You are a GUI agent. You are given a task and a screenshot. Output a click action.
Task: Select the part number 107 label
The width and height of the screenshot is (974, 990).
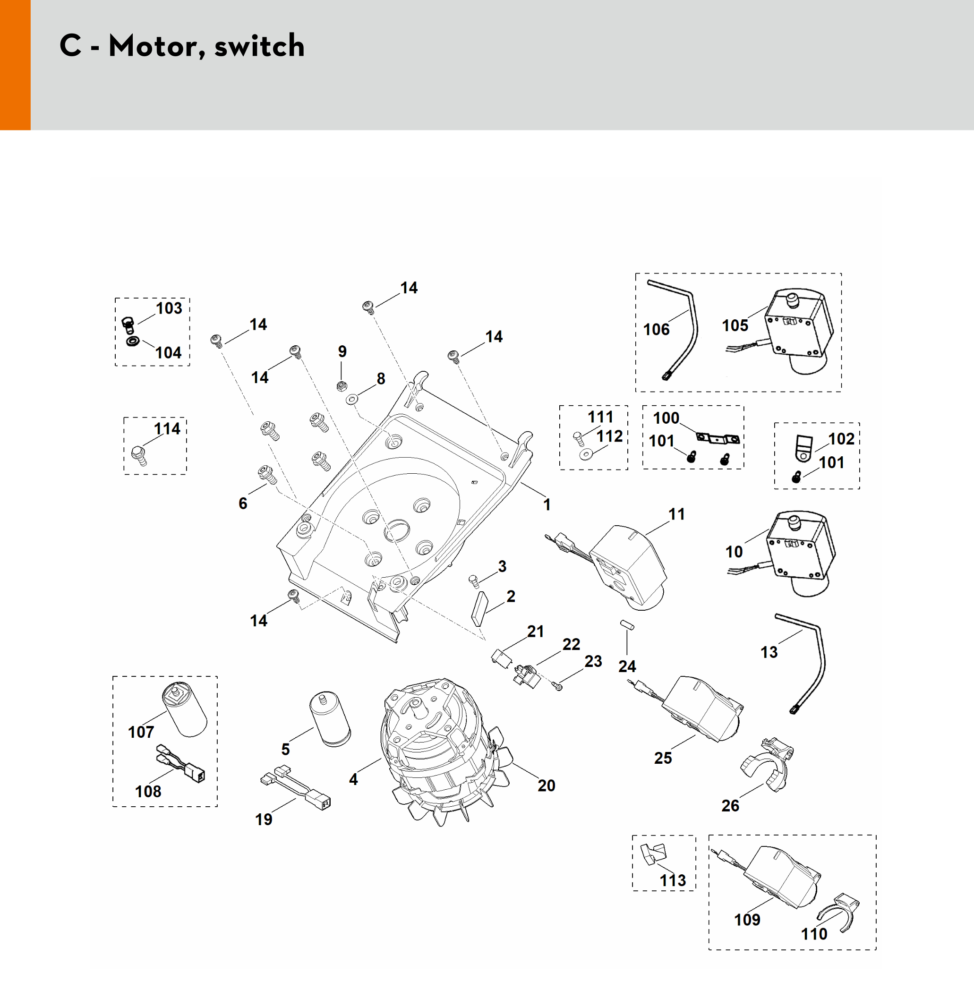(141, 732)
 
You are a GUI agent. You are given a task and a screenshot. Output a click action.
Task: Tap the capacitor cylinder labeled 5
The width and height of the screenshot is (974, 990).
(330, 719)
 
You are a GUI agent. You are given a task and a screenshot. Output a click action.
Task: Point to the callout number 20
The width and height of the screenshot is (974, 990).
(546, 785)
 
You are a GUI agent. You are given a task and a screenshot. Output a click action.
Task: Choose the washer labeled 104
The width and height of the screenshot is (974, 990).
(132, 341)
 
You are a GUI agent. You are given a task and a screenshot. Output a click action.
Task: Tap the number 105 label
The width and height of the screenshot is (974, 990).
(735, 325)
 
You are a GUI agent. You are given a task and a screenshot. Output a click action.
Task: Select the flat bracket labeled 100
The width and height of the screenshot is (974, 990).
(718, 438)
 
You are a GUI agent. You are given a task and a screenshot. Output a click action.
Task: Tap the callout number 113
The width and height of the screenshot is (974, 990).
(672, 880)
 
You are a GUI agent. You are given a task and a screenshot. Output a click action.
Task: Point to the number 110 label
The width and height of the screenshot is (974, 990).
(813, 934)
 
